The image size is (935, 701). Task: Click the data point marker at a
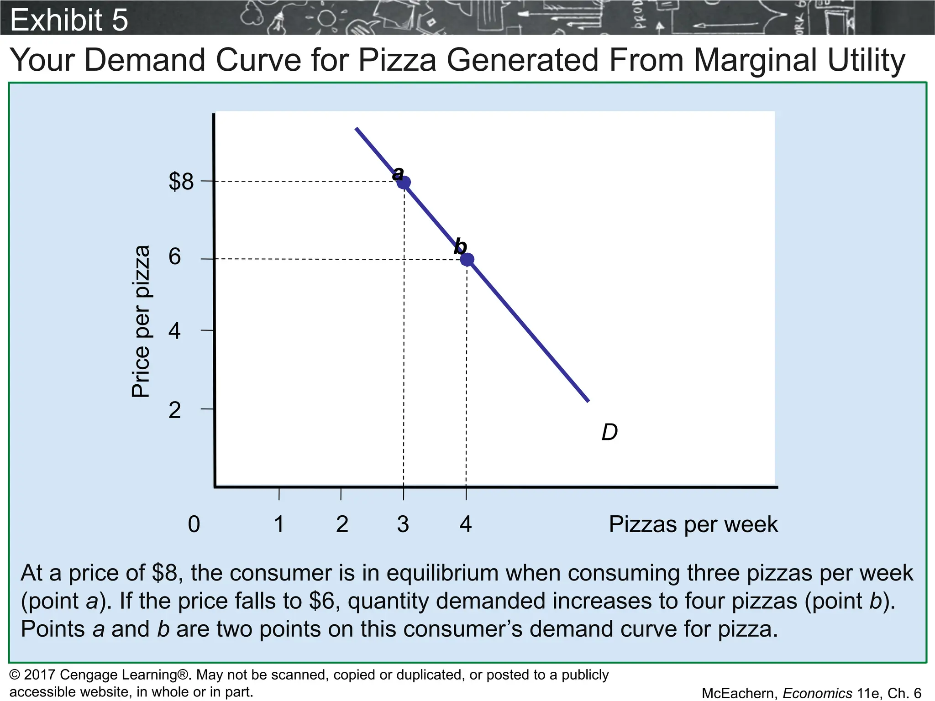click(x=404, y=183)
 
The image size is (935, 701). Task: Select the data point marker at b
click(x=467, y=260)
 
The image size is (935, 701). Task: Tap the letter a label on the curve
click(x=398, y=173)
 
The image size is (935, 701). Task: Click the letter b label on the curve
click(x=460, y=246)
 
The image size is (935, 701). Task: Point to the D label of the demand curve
click(x=609, y=432)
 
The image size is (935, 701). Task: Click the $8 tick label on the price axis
click(x=181, y=182)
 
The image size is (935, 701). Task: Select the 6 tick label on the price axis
click(x=175, y=257)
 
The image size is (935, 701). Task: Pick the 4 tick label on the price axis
click(x=175, y=330)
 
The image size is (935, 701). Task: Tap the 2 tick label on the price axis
click(x=175, y=410)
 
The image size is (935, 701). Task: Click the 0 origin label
click(x=194, y=524)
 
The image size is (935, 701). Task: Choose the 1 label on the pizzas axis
click(x=279, y=524)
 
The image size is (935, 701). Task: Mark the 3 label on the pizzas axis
click(x=403, y=524)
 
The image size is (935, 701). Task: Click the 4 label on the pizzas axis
click(x=466, y=524)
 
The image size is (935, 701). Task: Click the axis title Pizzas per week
click(x=693, y=524)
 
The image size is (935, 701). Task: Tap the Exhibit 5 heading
click(x=69, y=20)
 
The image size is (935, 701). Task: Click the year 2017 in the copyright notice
click(x=40, y=675)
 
